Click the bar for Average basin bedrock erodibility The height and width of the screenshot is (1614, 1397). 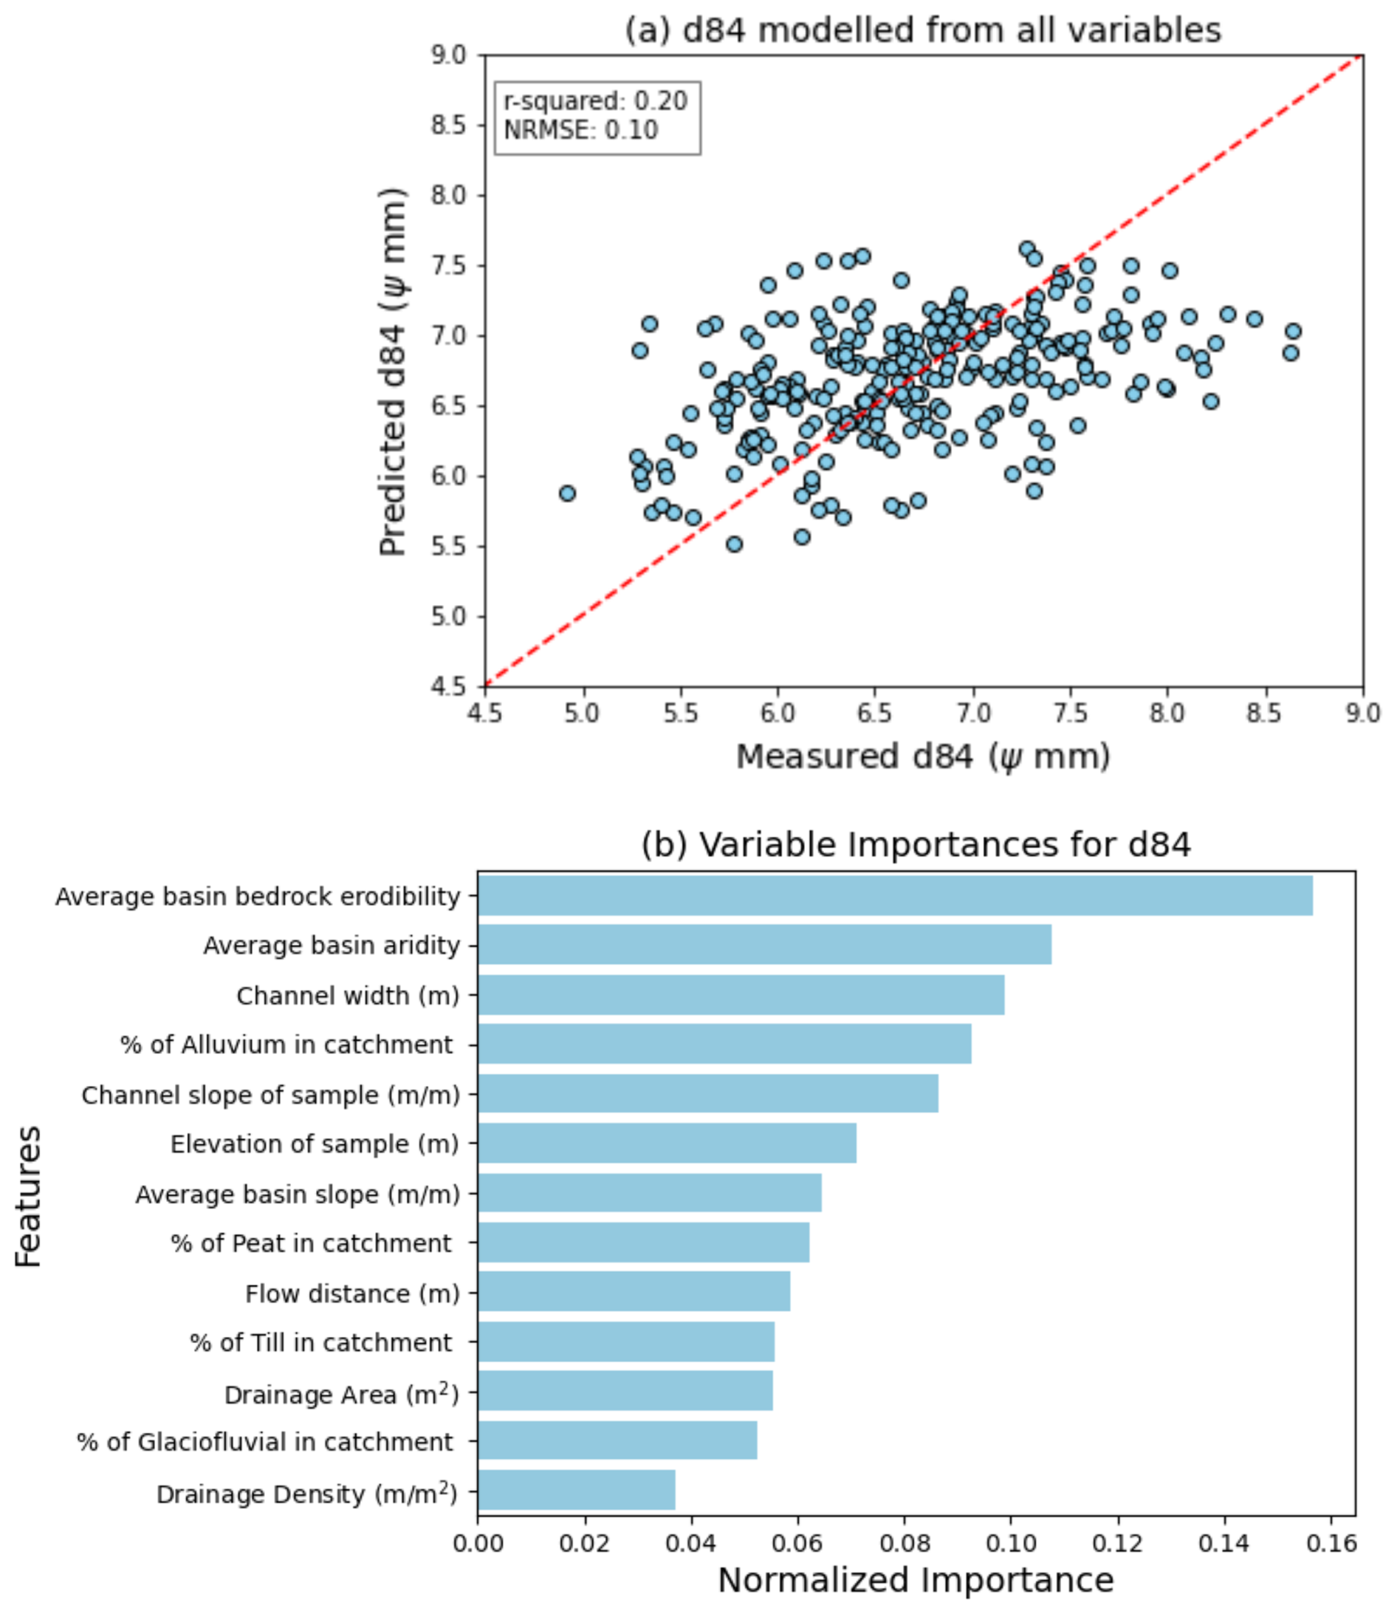pyautogui.click(x=895, y=895)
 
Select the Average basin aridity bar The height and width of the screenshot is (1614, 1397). pyautogui.click(x=764, y=944)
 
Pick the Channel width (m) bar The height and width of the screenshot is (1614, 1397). pyautogui.click(x=741, y=995)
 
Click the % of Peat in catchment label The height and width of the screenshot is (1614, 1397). pyautogui.click(x=311, y=1243)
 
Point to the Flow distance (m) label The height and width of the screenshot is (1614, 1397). pyautogui.click(x=351, y=1293)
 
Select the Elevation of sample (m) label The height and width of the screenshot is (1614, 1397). pyautogui.click(x=314, y=1143)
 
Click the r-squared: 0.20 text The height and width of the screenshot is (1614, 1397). pyautogui.click(x=596, y=101)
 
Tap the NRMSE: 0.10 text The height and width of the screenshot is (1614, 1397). pyautogui.click(x=581, y=129)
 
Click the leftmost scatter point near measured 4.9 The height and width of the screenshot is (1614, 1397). pyautogui.click(x=568, y=493)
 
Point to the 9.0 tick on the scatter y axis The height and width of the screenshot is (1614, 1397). pyautogui.click(x=448, y=55)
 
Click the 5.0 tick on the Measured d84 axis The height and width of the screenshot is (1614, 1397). pyautogui.click(x=583, y=713)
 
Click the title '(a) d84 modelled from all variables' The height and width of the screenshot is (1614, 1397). pyautogui.click(x=923, y=30)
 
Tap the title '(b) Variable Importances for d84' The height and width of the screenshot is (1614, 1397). pyautogui.click(x=916, y=844)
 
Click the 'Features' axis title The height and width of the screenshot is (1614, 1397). pyautogui.click(x=28, y=1196)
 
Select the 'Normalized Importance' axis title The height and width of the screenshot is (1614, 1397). pyautogui.click(x=916, y=1580)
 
